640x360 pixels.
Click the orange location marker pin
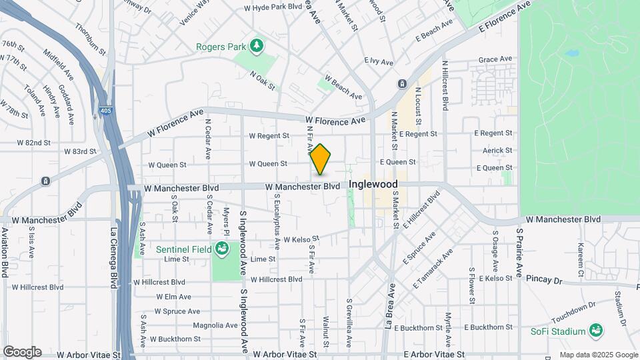321,161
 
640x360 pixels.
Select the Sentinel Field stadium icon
222,249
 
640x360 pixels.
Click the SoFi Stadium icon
595,331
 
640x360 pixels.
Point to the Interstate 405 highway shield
106,113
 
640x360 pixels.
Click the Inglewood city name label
373,184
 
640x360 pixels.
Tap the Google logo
22,352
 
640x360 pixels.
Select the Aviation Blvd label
5,252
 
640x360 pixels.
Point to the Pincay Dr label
545,279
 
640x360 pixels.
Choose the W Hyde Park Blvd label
273,7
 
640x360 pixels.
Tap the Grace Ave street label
495,59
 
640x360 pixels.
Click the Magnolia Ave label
215,325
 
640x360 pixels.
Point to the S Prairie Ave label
520,251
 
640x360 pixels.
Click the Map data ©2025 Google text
598,355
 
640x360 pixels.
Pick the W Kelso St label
302,239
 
